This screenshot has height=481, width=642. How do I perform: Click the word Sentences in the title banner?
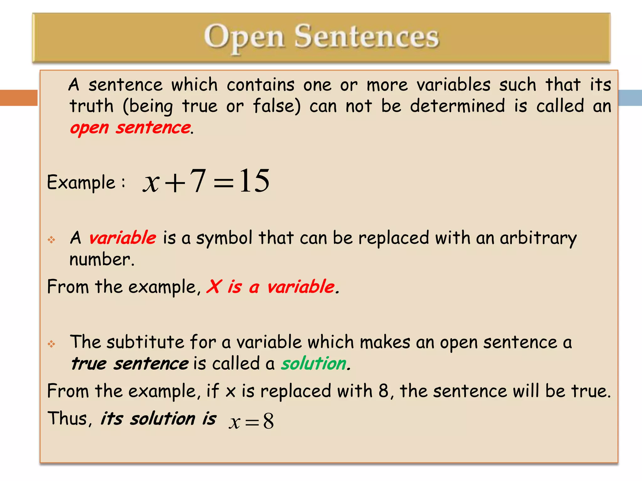pyautogui.click(x=366, y=37)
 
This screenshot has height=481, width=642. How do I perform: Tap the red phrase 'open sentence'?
pyautogui.click(x=130, y=128)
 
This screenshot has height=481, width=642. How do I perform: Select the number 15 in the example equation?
pyautogui.click(x=254, y=181)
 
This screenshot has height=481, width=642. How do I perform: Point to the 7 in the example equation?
pyautogui.click(x=198, y=181)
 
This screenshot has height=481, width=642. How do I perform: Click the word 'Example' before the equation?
pyautogui.click(x=81, y=182)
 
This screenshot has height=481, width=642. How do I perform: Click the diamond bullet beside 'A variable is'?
pyautogui.click(x=51, y=240)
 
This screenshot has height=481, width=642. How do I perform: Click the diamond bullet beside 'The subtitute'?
pyautogui.click(x=51, y=344)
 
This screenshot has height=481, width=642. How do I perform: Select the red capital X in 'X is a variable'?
pyautogui.click(x=214, y=286)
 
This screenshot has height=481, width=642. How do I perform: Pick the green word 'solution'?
pyautogui.click(x=313, y=364)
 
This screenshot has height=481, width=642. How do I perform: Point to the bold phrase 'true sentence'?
pyautogui.click(x=129, y=364)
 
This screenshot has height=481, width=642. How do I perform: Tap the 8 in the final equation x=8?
pyautogui.click(x=268, y=421)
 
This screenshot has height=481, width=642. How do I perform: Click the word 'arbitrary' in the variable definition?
pyautogui.click(x=538, y=238)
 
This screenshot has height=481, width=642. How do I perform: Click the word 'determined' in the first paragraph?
pyautogui.click(x=457, y=106)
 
